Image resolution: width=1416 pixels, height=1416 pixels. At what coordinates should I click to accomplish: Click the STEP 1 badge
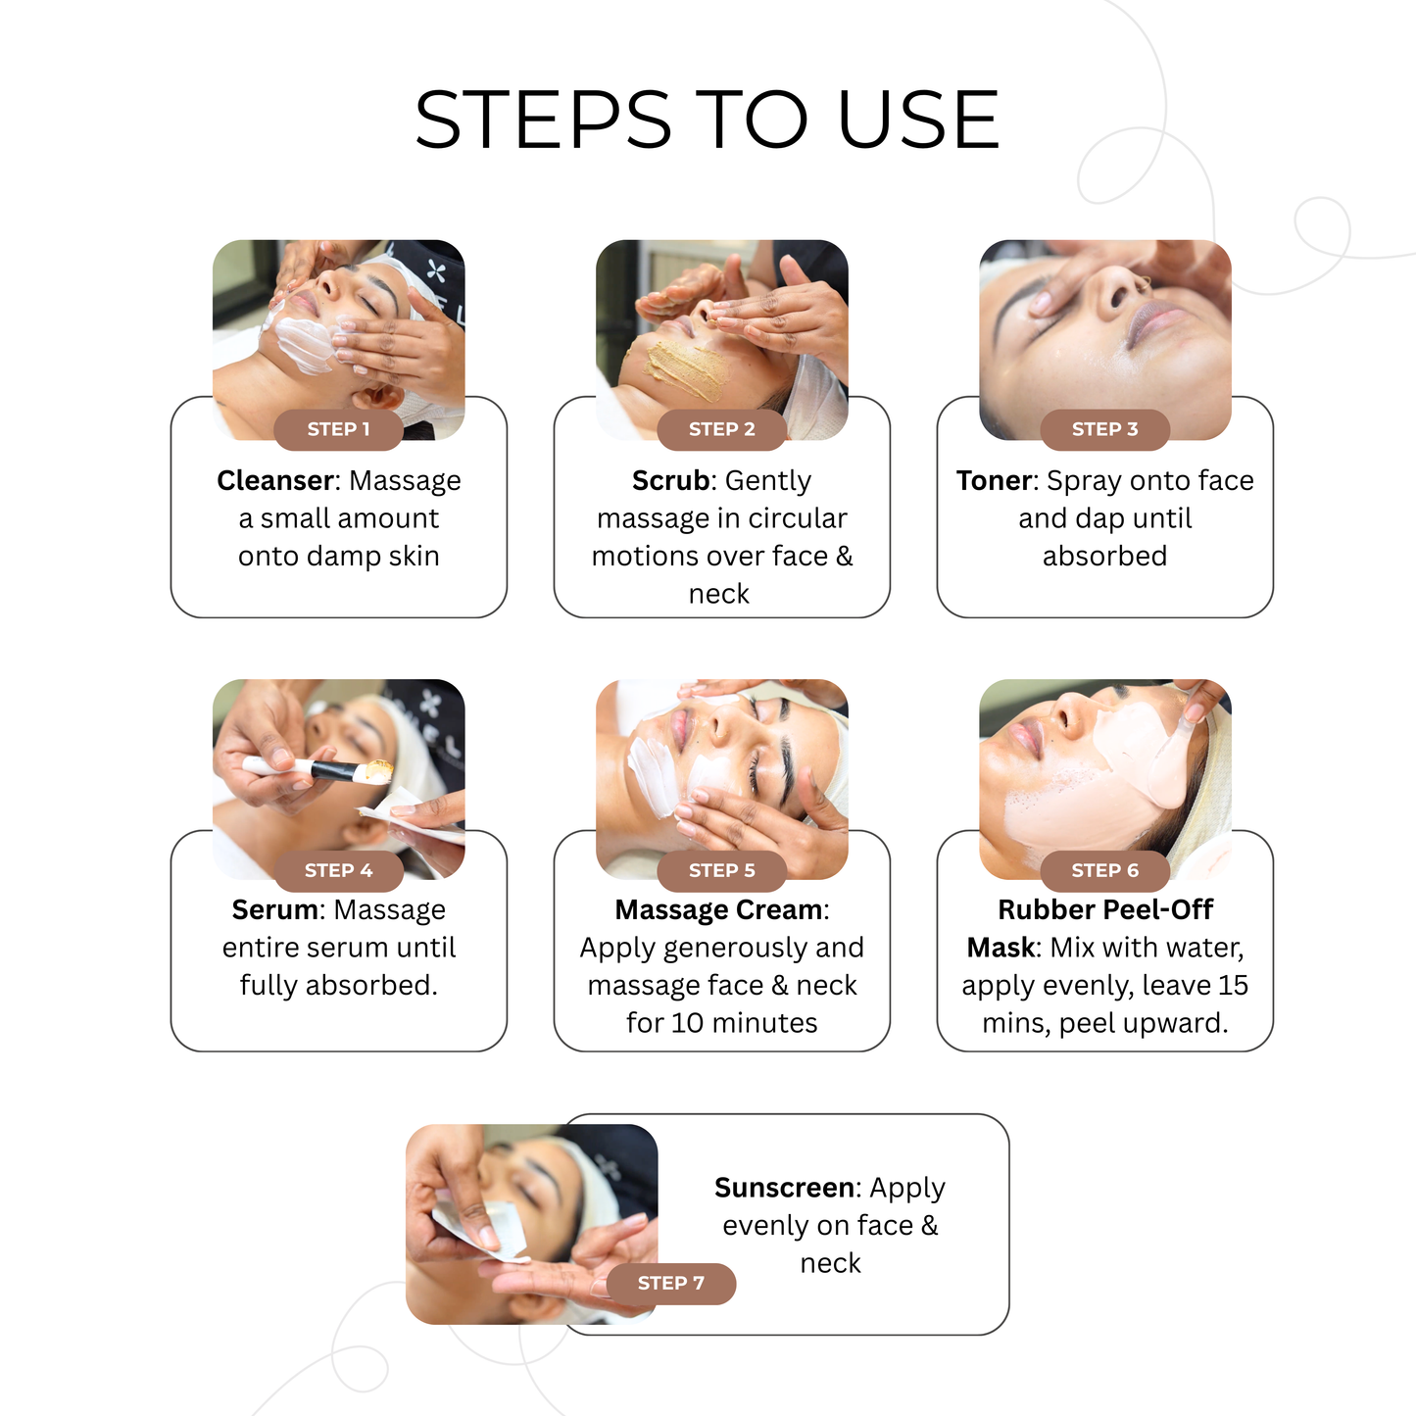coord(338,429)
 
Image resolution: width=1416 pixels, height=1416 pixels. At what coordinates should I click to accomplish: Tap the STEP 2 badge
coord(721,429)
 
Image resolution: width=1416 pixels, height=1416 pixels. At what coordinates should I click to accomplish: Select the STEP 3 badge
coord(1104,429)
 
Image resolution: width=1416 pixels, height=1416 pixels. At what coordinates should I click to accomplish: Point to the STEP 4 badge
coord(338,870)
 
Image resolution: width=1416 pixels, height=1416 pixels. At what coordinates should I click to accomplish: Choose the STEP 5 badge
coord(721,870)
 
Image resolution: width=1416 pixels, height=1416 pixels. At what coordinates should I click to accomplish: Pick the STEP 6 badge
coord(1104,870)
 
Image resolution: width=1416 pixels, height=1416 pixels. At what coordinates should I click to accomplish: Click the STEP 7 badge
coord(670,1283)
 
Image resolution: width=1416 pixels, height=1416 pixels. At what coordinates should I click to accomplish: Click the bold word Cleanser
coord(275,480)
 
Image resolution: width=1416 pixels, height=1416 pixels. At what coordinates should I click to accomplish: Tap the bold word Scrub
coord(670,480)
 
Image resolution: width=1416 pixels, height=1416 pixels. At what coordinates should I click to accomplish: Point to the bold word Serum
coord(274,909)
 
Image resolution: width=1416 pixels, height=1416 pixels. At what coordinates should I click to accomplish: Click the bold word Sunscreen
coord(784,1188)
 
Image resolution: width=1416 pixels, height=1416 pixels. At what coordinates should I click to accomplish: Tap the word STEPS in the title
coord(544,121)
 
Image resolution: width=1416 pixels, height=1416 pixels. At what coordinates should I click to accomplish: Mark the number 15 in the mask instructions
coord(1233,985)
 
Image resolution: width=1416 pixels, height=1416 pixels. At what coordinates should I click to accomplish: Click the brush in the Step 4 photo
coord(323,770)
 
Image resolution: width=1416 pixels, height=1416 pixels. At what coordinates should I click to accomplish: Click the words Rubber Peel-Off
coord(1104,909)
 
